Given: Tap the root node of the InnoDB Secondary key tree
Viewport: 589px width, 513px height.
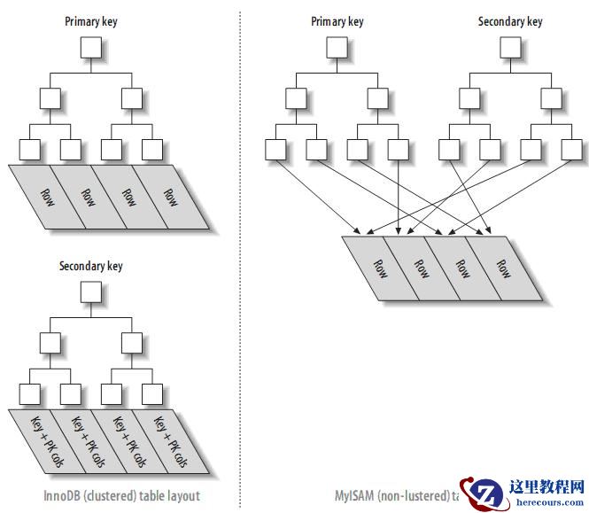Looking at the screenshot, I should [90, 291].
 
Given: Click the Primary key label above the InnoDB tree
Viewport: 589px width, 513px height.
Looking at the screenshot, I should [90, 21].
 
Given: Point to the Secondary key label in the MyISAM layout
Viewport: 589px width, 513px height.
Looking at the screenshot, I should [510, 21].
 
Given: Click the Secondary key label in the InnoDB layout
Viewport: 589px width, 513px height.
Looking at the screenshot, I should [90, 266].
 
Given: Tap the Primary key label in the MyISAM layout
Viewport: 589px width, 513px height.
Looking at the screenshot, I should [337, 21].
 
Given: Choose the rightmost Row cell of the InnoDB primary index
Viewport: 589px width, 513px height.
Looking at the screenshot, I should [170, 197].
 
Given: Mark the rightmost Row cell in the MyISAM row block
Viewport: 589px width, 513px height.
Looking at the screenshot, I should [503, 269].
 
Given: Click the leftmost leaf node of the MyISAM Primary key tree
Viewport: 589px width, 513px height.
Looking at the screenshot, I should [275, 150].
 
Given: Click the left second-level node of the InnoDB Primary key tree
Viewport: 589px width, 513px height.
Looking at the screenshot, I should [50, 97].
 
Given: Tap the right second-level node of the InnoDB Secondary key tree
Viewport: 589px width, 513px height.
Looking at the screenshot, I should [131, 341].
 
